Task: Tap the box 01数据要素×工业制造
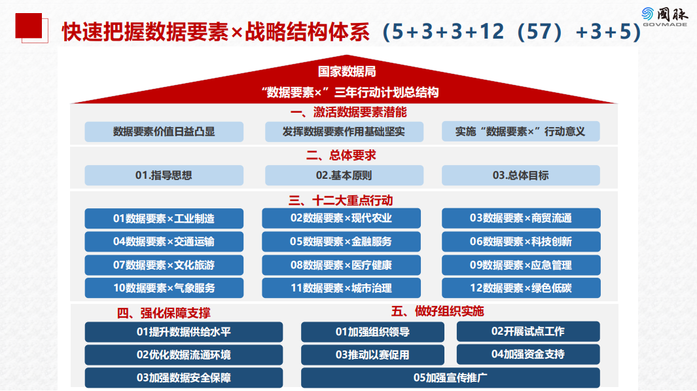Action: point(164,218)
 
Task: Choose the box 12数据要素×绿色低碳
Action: point(520,288)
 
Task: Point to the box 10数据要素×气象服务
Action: point(164,288)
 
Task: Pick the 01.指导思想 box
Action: point(164,175)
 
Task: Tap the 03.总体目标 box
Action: point(520,175)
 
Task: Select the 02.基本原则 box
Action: point(344,175)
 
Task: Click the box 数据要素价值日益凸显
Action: point(164,132)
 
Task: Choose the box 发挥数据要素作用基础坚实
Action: point(344,132)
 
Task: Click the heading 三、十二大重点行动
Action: point(341,200)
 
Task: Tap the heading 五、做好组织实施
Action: point(437,310)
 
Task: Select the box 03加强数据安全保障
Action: point(184,378)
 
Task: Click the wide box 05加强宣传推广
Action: point(450,378)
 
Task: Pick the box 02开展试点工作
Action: point(528,331)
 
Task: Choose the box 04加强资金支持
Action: point(528,354)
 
